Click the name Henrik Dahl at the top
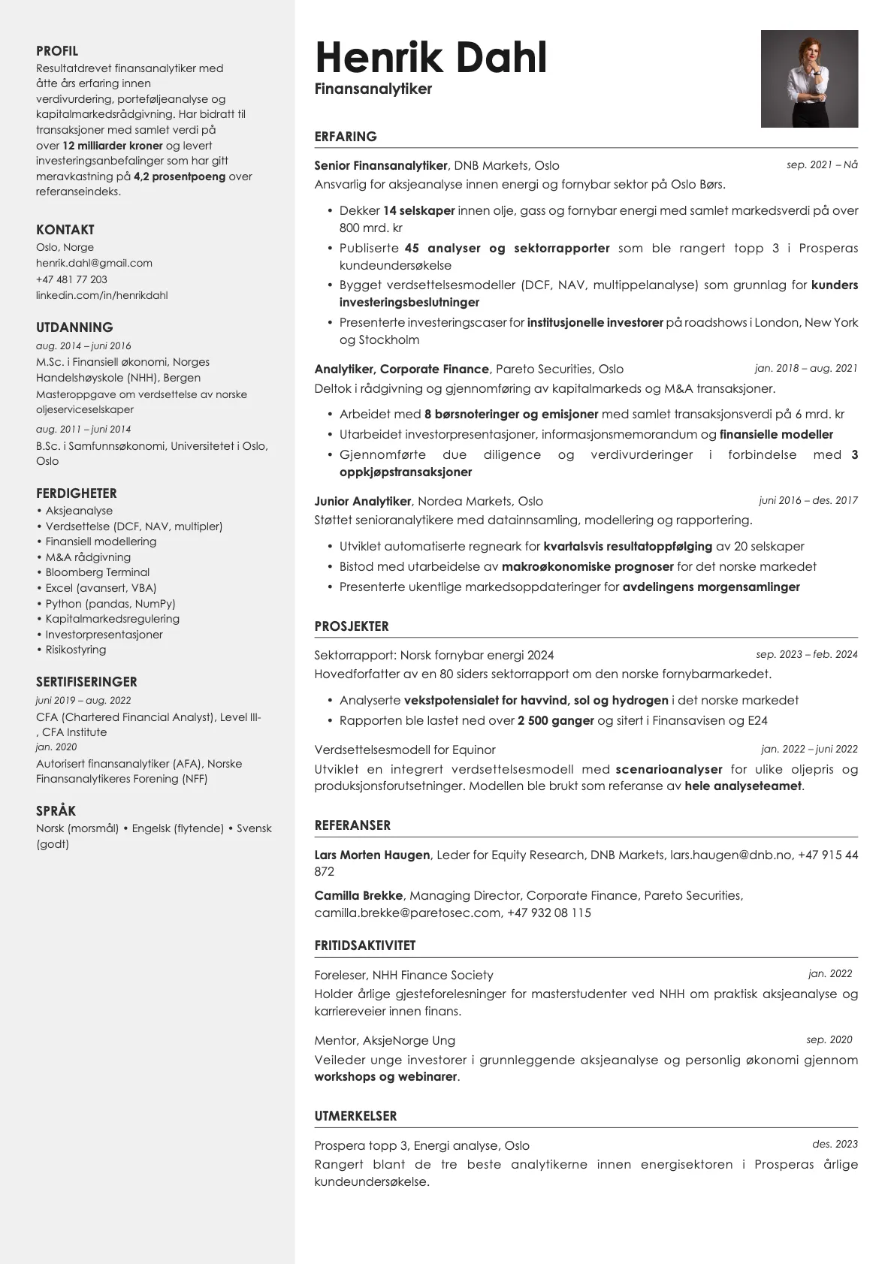[x=430, y=58]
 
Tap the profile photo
[x=809, y=79]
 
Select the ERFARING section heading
[x=346, y=137]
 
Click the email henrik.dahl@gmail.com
[x=94, y=263]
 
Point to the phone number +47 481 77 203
[x=71, y=279]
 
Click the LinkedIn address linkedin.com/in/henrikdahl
[x=101, y=295]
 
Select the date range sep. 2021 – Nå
[x=822, y=164]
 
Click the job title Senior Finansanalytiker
[x=381, y=165]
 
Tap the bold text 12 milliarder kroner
[x=112, y=146]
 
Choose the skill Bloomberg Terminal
[x=97, y=572]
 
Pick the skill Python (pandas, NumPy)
[x=110, y=604]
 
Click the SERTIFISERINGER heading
[x=86, y=682]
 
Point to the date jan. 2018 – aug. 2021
[x=805, y=368]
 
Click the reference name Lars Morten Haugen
[x=372, y=855]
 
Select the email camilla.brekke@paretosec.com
[x=407, y=913]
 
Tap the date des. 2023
[x=835, y=1145]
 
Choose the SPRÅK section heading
[x=56, y=811]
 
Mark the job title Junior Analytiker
[x=363, y=501]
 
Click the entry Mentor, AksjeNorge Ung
[x=385, y=1040]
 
